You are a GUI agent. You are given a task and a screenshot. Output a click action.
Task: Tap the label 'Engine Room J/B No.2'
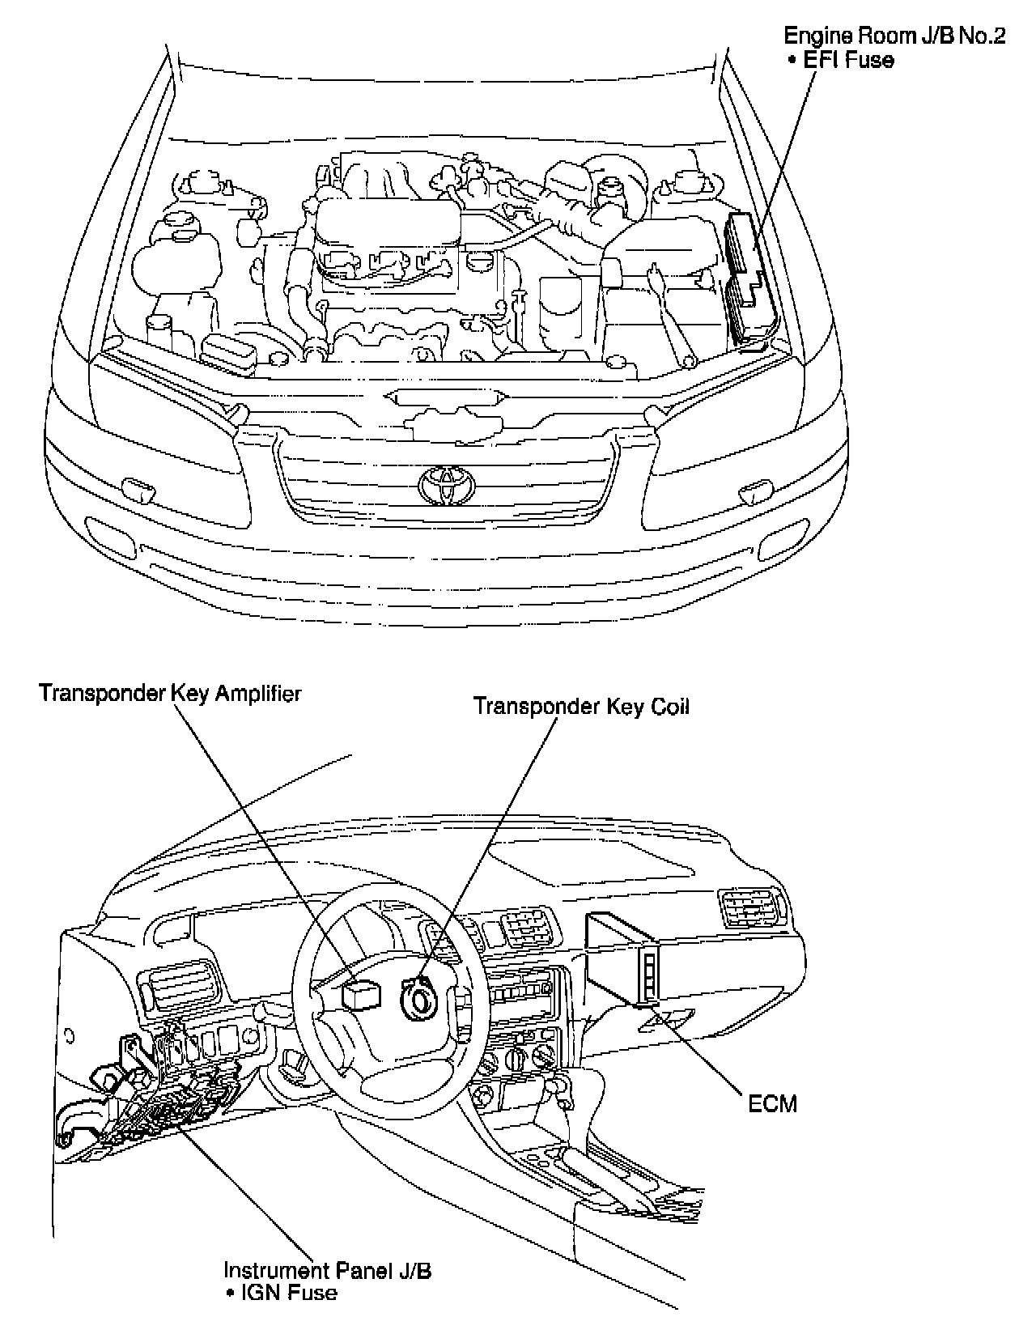click(894, 37)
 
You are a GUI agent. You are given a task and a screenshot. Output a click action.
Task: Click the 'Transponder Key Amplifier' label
click(170, 694)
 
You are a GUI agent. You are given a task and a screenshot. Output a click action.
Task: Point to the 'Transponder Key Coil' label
click(581, 706)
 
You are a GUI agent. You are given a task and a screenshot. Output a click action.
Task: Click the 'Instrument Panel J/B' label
click(327, 1270)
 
